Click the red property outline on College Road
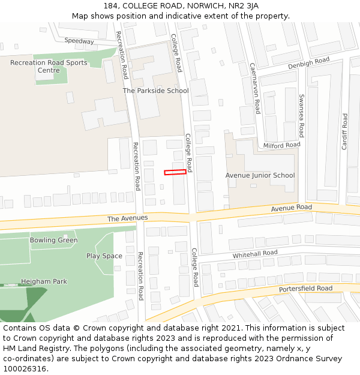(175, 173)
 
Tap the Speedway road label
(79, 41)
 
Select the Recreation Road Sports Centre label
(49, 67)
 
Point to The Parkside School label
(155, 91)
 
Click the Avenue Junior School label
(260, 176)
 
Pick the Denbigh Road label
(308, 62)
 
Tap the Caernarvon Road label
(255, 88)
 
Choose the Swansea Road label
(301, 116)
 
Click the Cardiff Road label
(344, 131)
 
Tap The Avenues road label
(127, 218)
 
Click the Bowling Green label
(54, 241)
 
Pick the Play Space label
(104, 256)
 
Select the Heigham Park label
(44, 281)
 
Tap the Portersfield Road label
(305, 289)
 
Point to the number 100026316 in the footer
(24, 369)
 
